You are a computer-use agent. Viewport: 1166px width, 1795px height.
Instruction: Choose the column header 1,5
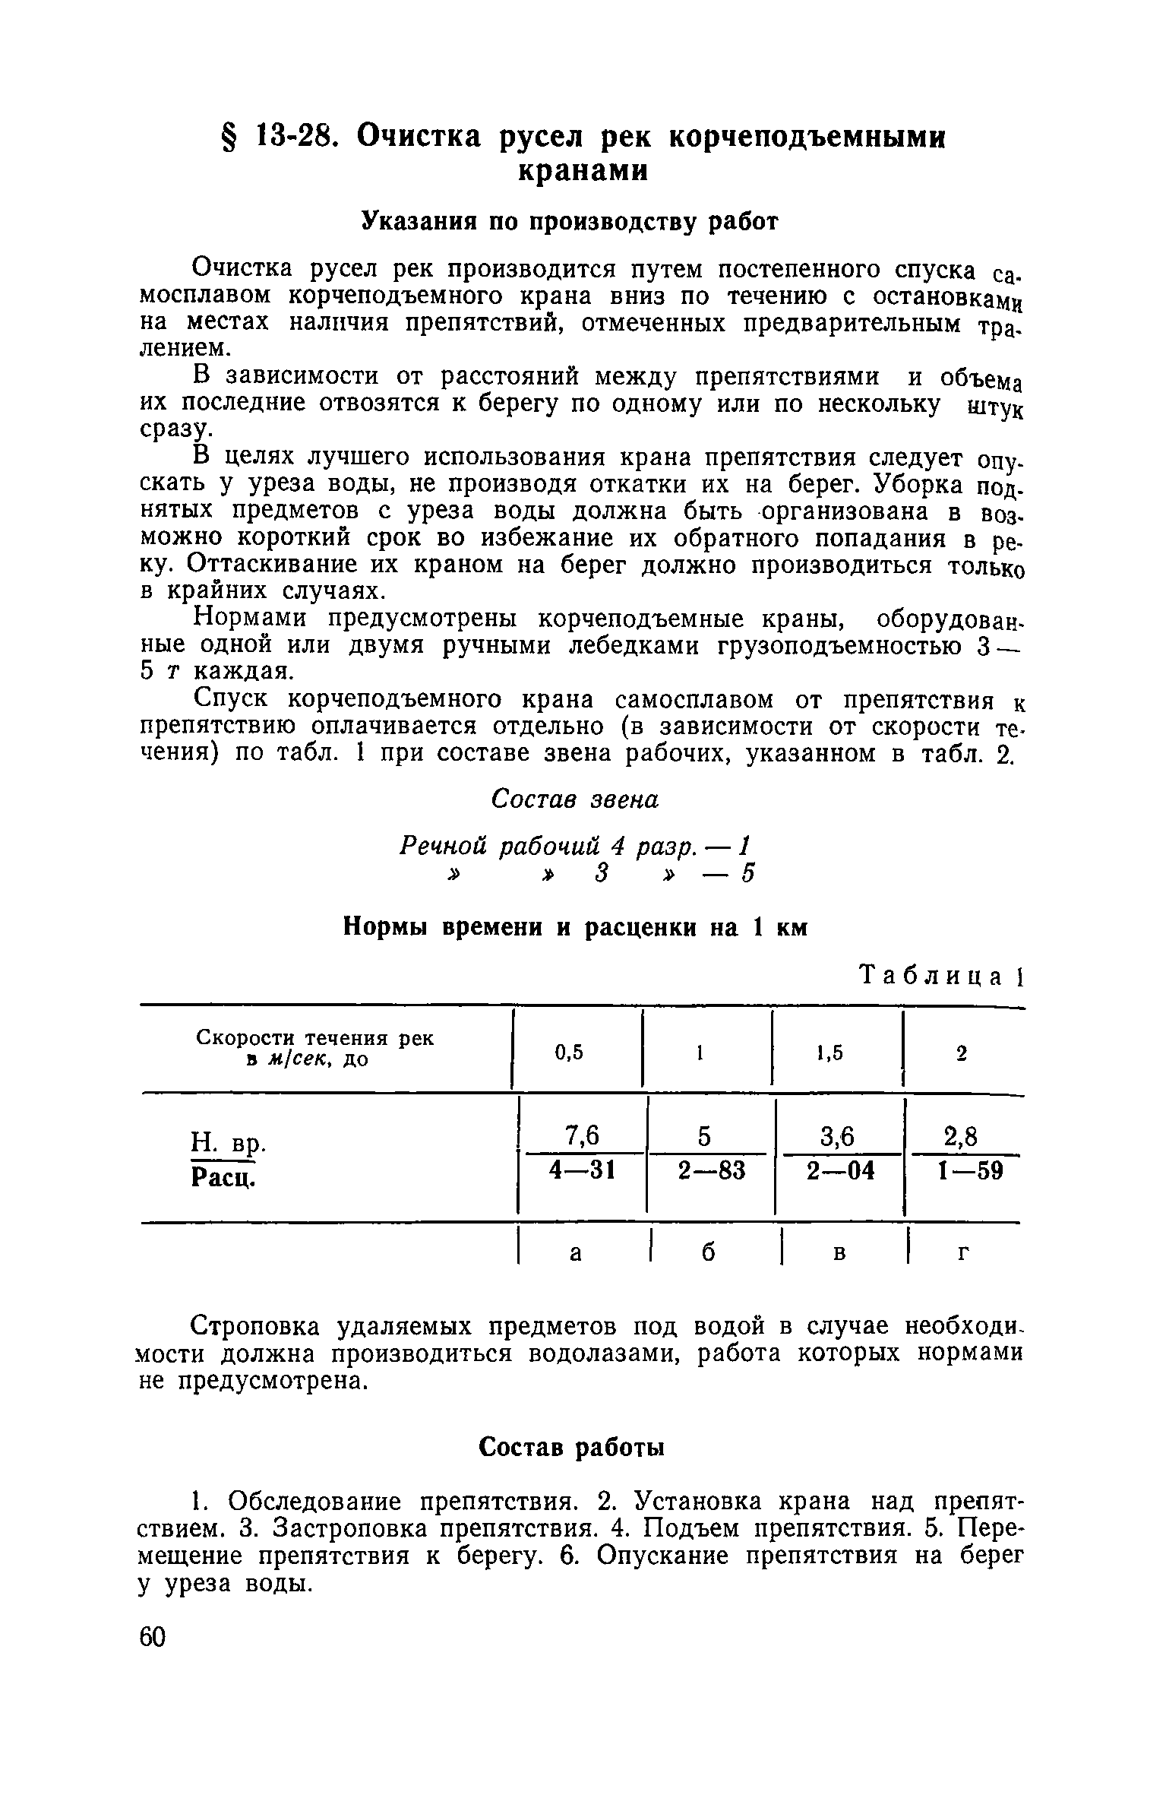(829, 1053)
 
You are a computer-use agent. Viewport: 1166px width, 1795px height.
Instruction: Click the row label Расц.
(221, 1178)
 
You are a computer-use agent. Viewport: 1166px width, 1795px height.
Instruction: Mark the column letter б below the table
(708, 1255)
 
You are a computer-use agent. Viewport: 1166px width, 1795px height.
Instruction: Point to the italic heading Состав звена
(575, 799)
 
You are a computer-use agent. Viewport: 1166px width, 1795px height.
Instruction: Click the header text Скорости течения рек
(315, 1037)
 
